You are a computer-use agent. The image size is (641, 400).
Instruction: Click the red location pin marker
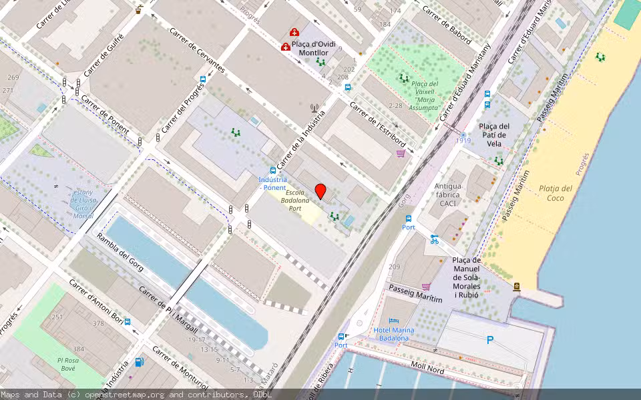[x=320, y=191]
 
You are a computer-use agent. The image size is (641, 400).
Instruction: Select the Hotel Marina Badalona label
[x=391, y=334]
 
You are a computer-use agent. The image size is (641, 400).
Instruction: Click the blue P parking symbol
[x=489, y=340]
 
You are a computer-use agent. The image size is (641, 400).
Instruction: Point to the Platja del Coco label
[x=556, y=193]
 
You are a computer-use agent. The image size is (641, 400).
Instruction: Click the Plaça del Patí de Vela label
[x=494, y=135]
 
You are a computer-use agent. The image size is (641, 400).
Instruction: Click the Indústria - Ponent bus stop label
[x=272, y=183]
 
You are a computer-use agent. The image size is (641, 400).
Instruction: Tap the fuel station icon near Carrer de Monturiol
[x=139, y=362]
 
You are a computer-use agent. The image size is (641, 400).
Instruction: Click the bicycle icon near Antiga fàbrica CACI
[x=435, y=239]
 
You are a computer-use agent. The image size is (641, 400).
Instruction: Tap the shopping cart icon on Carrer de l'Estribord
[x=401, y=153]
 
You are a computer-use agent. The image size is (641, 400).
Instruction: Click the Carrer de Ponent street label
[x=105, y=113]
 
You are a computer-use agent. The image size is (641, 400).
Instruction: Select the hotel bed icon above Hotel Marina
[x=393, y=321]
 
